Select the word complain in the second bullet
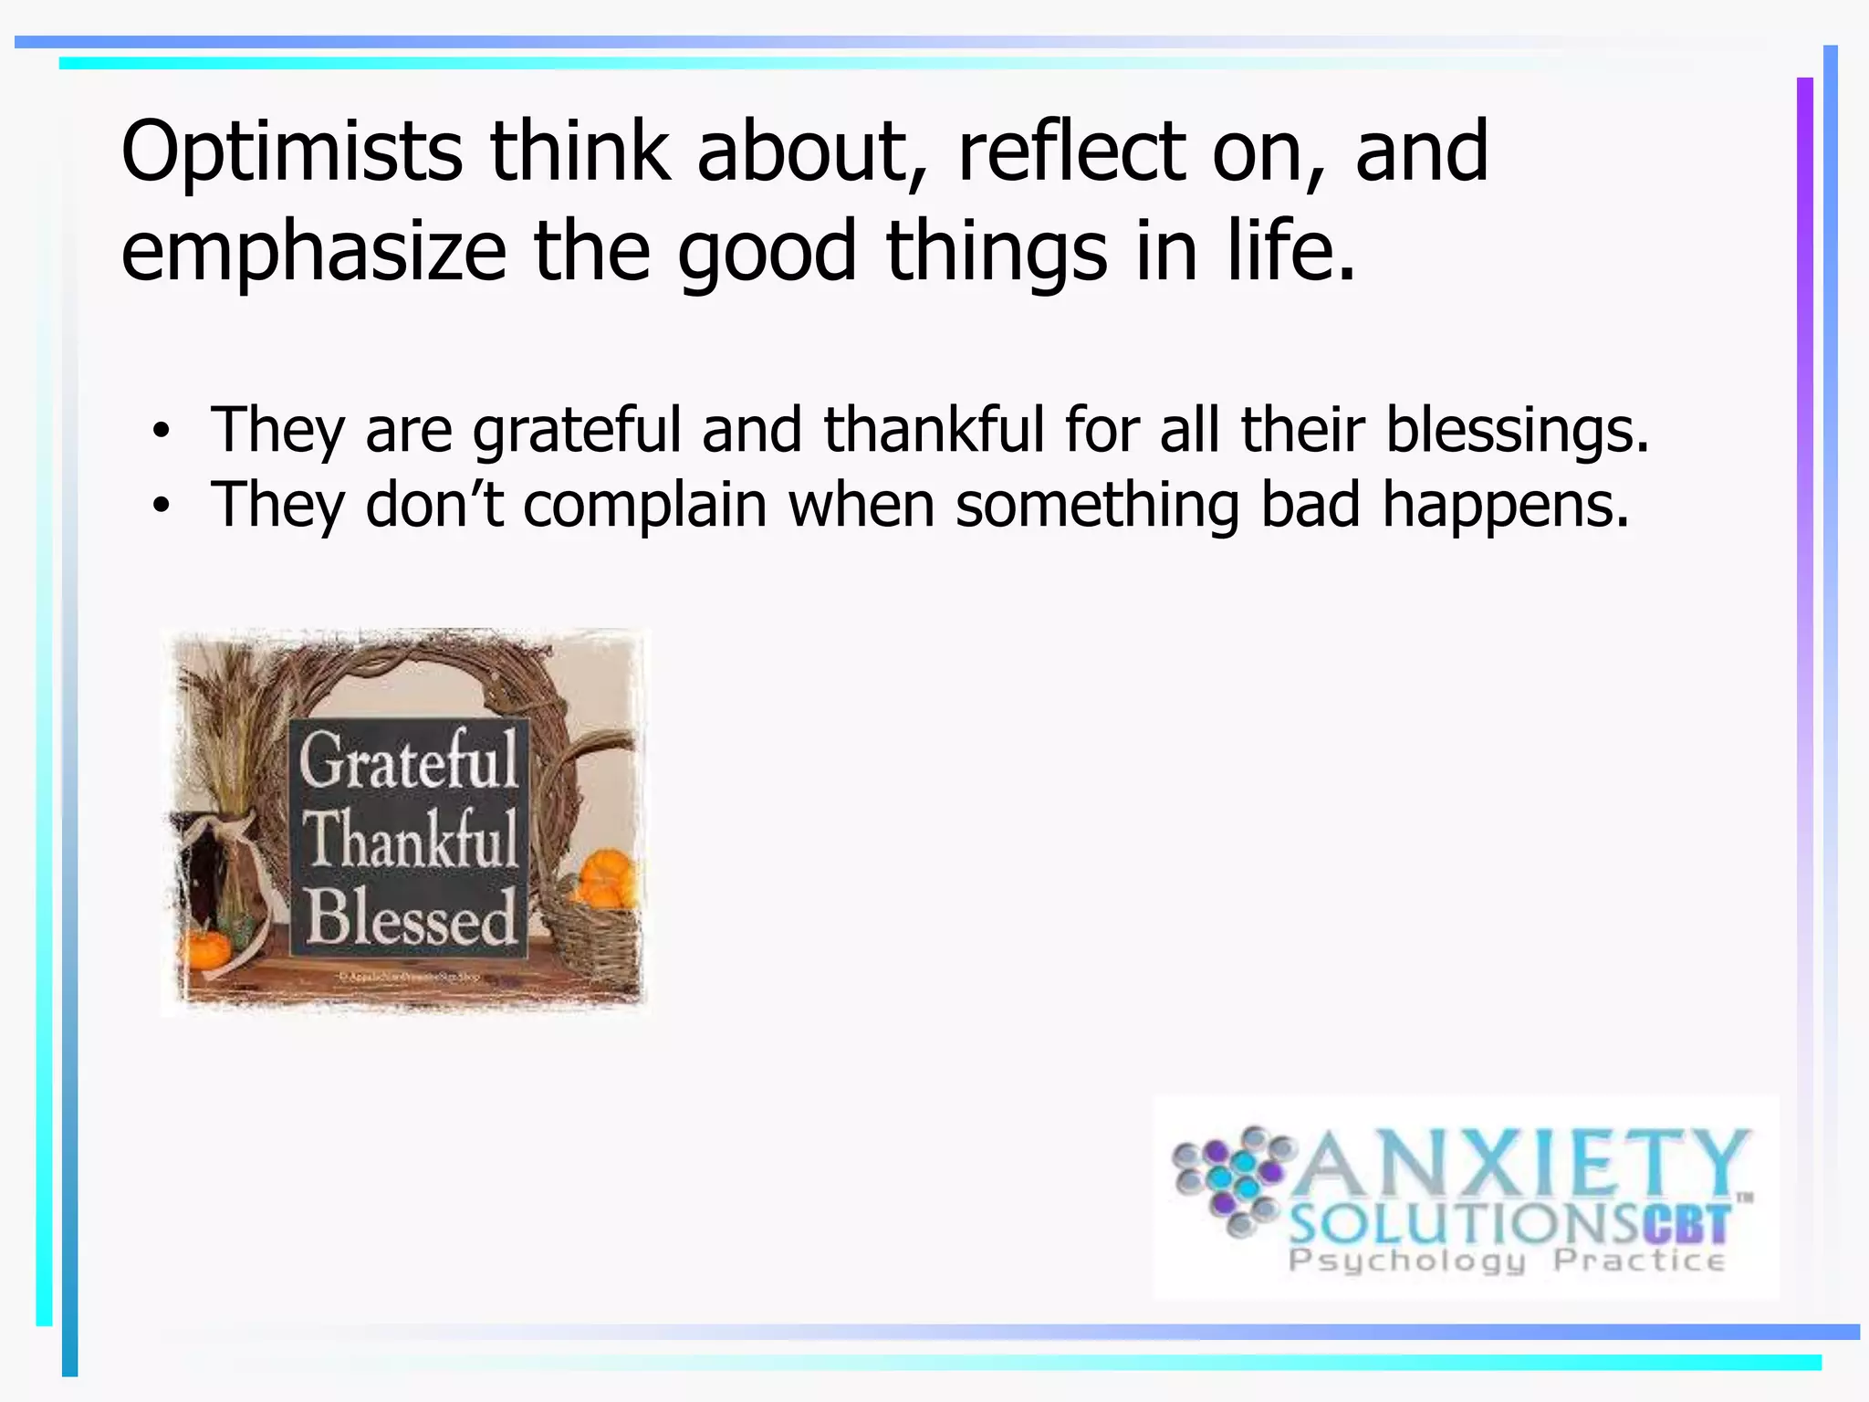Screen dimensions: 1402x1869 (645, 506)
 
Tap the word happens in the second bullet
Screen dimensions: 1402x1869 (1505, 506)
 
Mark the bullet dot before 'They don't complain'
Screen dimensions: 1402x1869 (162, 507)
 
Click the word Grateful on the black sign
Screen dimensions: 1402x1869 (409, 759)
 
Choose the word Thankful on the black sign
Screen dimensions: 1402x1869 (410, 840)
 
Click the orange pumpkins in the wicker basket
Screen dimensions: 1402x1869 (604, 878)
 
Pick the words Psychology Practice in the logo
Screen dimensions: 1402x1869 (1506, 1261)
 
